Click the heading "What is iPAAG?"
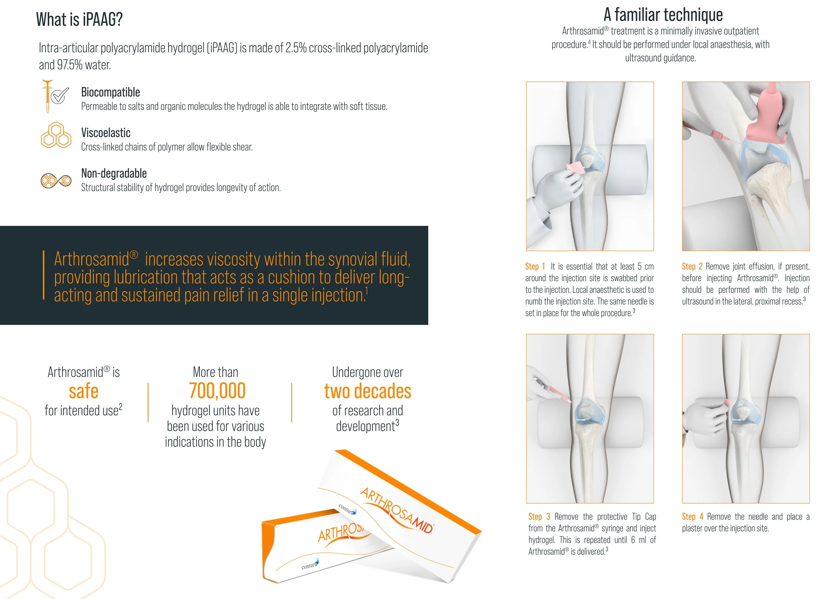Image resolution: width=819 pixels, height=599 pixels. (x=79, y=19)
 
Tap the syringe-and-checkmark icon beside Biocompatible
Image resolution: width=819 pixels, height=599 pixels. (x=55, y=96)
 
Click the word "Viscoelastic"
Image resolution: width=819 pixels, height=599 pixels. (x=105, y=133)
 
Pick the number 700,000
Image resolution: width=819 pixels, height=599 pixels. (x=217, y=391)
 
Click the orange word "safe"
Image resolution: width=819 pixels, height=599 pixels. (x=84, y=391)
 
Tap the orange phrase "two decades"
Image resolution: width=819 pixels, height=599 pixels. (x=368, y=391)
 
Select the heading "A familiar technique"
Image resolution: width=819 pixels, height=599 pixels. (x=663, y=15)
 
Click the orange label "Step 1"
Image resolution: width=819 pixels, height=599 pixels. (x=535, y=266)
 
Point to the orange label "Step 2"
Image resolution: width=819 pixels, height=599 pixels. (x=692, y=266)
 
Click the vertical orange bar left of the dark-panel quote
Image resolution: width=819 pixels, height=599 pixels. (x=44, y=275)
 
